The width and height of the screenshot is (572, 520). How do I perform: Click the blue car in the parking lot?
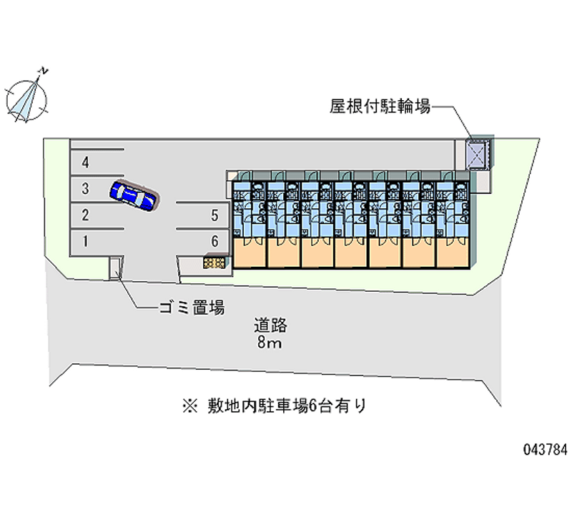click(x=133, y=195)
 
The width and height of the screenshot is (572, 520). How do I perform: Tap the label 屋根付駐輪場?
click(x=380, y=107)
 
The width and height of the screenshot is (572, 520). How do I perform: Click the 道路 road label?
click(x=270, y=325)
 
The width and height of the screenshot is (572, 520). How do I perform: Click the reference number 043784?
click(x=546, y=450)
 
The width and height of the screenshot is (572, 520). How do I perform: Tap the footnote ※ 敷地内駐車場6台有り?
click(x=275, y=406)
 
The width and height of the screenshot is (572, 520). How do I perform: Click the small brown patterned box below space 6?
click(x=214, y=263)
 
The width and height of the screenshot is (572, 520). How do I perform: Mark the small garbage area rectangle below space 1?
click(x=114, y=268)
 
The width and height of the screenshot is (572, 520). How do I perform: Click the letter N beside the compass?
click(x=44, y=71)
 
